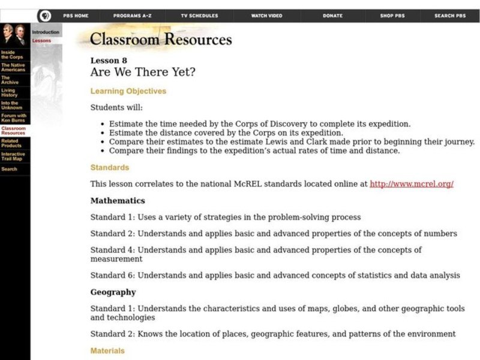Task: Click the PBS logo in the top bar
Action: (x=44, y=16)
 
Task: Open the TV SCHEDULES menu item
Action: (x=199, y=16)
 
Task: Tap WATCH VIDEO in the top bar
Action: (x=266, y=16)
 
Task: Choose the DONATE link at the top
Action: (x=332, y=16)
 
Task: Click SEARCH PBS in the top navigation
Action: (x=449, y=16)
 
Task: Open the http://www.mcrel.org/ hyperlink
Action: (x=411, y=184)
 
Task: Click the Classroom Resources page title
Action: (x=161, y=40)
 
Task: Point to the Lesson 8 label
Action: (x=109, y=61)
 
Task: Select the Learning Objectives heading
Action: (x=128, y=91)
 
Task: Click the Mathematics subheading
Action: (x=118, y=200)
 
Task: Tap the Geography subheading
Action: (x=113, y=292)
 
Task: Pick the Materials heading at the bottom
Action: (x=107, y=350)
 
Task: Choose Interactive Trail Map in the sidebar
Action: (x=13, y=157)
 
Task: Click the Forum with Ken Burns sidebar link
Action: (x=13, y=118)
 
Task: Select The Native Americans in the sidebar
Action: (x=13, y=67)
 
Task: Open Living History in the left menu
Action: (x=9, y=92)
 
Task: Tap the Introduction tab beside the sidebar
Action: (x=46, y=32)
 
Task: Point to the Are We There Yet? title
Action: (x=142, y=73)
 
